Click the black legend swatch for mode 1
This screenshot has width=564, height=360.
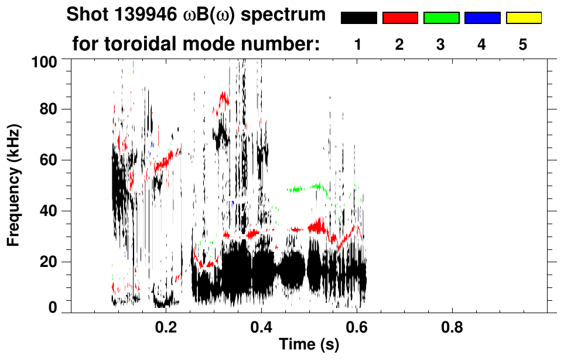358,18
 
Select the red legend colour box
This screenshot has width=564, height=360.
400,18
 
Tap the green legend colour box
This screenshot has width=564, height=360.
441,18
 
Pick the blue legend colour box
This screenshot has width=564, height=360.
482,18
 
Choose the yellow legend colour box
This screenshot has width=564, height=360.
524,18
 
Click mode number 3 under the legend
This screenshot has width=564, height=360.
441,44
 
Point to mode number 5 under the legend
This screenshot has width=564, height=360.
524,44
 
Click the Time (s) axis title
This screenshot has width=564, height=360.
309,345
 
